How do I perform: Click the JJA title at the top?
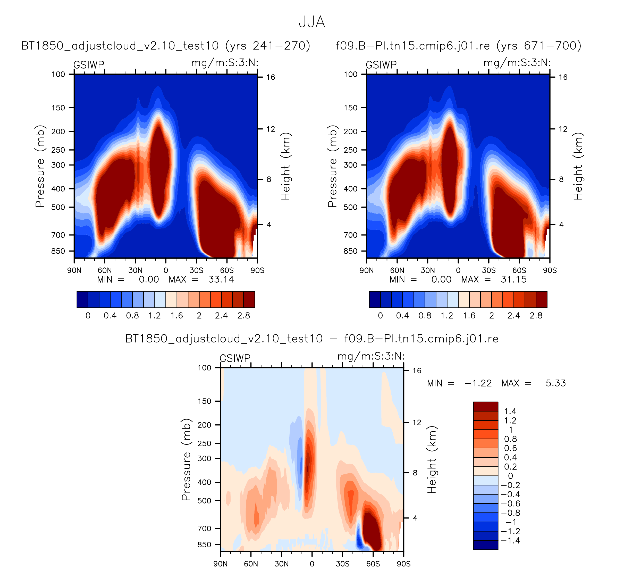[x=312, y=22]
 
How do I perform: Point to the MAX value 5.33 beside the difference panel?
[x=555, y=383]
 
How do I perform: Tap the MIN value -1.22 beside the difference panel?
[x=478, y=383]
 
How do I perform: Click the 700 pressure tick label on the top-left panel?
[x=58, y=235]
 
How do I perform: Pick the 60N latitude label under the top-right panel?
[x=397, y=270]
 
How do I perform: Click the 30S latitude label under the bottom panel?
[x=342, y=564]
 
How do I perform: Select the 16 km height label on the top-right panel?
[x=563, y=77]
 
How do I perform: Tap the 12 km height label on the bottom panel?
[x=417, y=422]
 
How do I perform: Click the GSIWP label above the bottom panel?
[x=235, y=358]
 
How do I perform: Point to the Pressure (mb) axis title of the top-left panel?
[x=40, y=166]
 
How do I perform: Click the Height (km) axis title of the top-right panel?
[x=578, y=166]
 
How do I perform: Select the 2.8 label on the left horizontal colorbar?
[x=243, y=316]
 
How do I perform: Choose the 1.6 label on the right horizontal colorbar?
[x=469, y=316]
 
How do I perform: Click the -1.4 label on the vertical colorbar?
[x=510, y=540]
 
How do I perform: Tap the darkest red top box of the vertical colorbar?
[x=485, y=406]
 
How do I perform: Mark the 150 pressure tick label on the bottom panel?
[x=204, y=401]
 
